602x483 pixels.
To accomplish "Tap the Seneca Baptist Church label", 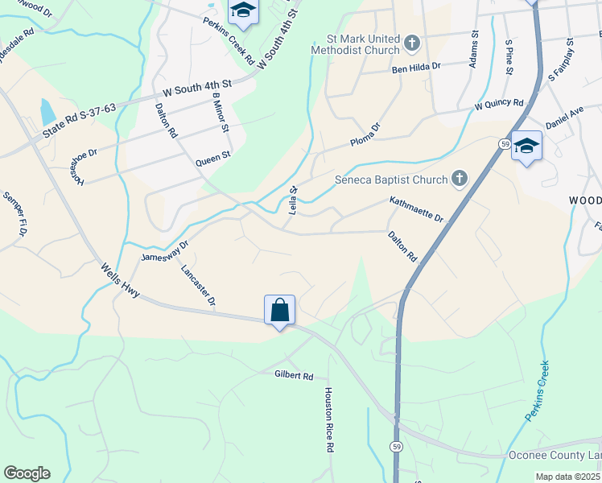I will click(390, 179).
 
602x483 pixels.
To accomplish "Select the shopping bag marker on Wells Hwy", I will click(279, 310).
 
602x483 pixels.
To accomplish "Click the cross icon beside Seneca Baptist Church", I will click(459, 178).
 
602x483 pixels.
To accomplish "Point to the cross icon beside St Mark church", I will click(411, 42).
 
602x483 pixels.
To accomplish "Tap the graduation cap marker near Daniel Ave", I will click(526, 147).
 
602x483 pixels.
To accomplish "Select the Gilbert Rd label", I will click(293, 375).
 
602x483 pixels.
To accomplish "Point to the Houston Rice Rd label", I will click(329, 419).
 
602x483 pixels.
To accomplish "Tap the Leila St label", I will click(293, 200).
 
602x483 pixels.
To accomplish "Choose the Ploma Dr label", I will click(365, 134).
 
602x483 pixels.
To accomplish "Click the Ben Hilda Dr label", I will click(417, 68).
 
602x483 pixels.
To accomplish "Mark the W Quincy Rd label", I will click(499, 104).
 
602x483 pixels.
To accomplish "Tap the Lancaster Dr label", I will click(199, 286).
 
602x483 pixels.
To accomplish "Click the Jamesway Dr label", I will click(164, 250).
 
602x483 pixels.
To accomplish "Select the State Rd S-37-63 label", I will click(80, 118).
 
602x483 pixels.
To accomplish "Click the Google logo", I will click(27, 473).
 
